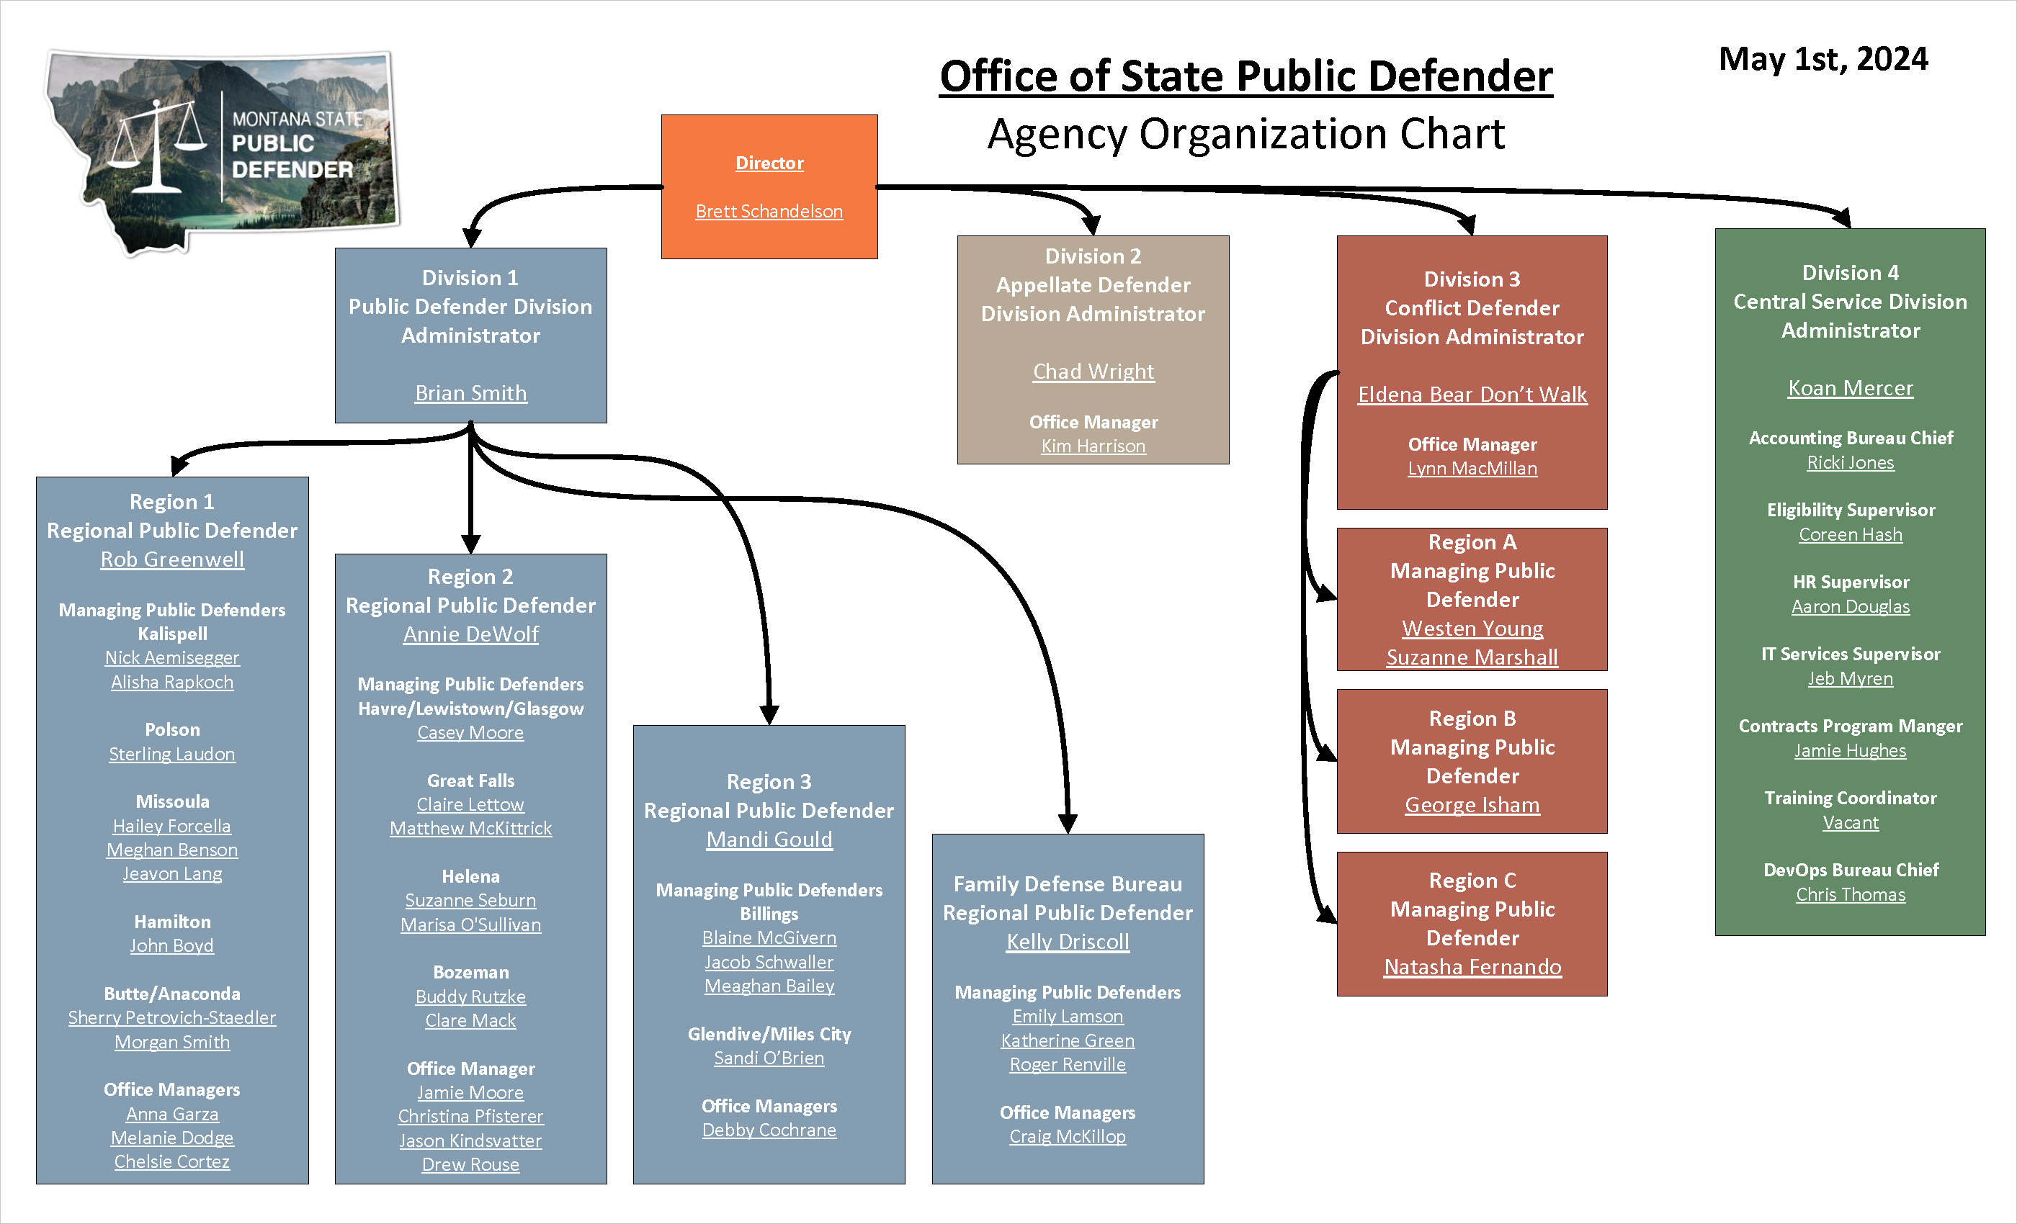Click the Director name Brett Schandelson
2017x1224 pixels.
pos(769,211)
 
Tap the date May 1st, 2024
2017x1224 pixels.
pos(1823,59)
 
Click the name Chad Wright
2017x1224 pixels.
pos(1093,372)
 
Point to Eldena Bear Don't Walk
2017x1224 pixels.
pos(1472,395)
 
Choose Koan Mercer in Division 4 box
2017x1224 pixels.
pos(1850,388)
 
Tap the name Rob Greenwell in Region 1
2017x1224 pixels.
pos(172,559)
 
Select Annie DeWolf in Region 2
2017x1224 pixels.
pos(470,634)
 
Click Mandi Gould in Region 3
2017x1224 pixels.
pos(769,840)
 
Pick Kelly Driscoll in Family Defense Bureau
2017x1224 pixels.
pos(1068,942)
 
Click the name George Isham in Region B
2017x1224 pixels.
pos(1472,805)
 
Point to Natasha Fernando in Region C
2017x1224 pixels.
pos(1472,967)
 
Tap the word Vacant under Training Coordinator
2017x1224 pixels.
pos(1850,822)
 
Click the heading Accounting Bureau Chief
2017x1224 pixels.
pos(1850,438)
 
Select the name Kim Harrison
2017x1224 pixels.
pos(1093,446)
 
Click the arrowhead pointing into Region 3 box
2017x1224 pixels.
pos(769,714)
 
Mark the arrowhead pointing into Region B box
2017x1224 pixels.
pos(1326,752)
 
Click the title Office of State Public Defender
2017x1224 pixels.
pos(1245,76)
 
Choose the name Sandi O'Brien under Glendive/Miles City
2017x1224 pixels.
pos(769,1058)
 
